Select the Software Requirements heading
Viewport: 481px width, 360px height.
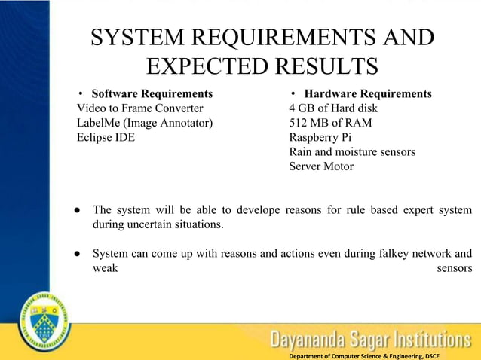pos(152,94)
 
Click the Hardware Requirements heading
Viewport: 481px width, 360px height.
pos(367,94)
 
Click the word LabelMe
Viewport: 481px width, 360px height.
pos(99,123)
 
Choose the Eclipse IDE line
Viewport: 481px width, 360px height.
pos(106,137)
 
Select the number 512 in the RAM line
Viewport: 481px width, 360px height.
pos(300,123)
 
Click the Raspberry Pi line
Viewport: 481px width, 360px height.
pos(320,137)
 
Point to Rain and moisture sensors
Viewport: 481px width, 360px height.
pos(351,151)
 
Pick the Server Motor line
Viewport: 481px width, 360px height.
pos(320,166)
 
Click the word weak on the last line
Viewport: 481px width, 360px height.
pos(105,268)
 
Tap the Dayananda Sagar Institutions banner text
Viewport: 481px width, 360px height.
pos(370,339)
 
